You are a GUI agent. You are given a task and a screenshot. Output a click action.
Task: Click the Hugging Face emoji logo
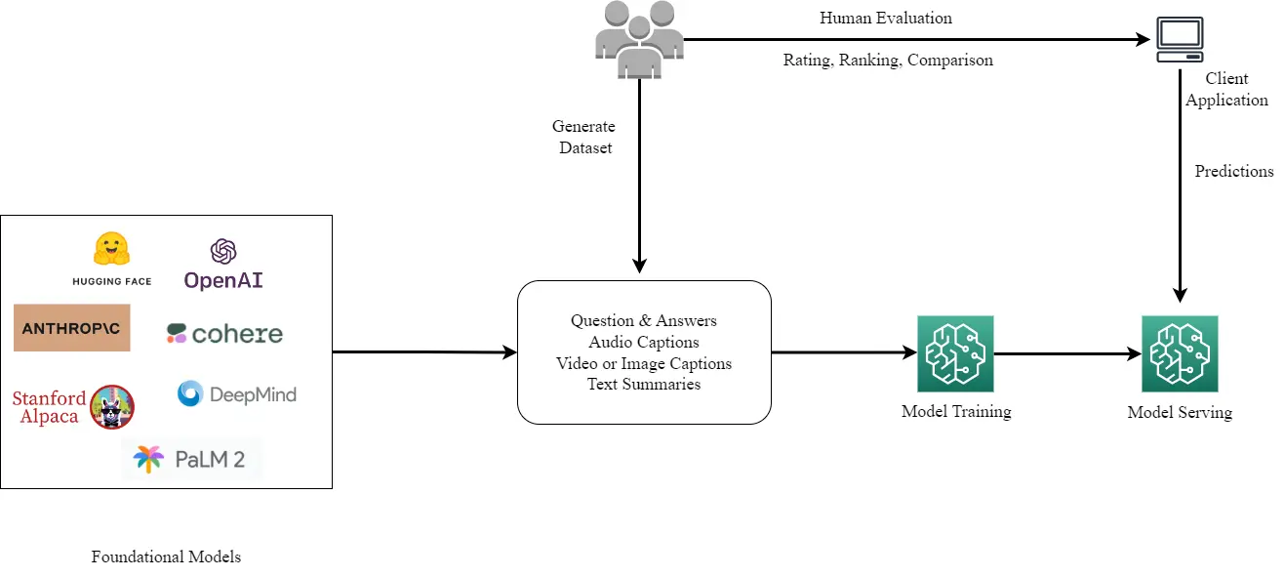click(x=112, y=250)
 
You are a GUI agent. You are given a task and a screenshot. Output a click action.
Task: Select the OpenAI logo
click(x=223, y=265)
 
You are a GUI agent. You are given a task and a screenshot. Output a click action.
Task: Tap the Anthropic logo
click(x=71, y=328)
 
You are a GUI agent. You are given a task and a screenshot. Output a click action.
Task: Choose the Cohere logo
click(x=224, y=334)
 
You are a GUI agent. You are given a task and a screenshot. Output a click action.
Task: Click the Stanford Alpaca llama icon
click(x=111, y=407)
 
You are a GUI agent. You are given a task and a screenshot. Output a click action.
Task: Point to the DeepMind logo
click(x=236, y=394)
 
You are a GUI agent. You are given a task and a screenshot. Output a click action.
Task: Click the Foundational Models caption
click(x=166, y=557)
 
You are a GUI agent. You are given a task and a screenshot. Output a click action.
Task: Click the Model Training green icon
click(x=955, y=353)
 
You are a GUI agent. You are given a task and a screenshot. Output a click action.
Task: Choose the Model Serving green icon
click(x=1180, y=353)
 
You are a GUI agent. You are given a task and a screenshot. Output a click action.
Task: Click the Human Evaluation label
click(x=885, y=19)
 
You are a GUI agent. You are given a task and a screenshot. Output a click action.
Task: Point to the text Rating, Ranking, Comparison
click(x=888, y=61)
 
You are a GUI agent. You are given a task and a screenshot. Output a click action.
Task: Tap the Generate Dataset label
click(x=583, y=138)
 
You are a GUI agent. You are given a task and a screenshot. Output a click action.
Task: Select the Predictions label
click(x=1234, y=172)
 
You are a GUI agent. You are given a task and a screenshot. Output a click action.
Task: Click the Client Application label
click(x=1226, y=90)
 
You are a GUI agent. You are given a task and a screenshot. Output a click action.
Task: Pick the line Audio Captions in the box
click(x=644, y=343)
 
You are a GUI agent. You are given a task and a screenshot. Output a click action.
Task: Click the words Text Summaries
click(x=644, y=385)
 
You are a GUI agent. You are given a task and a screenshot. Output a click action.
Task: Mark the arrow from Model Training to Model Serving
click(x=1067, y=353)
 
